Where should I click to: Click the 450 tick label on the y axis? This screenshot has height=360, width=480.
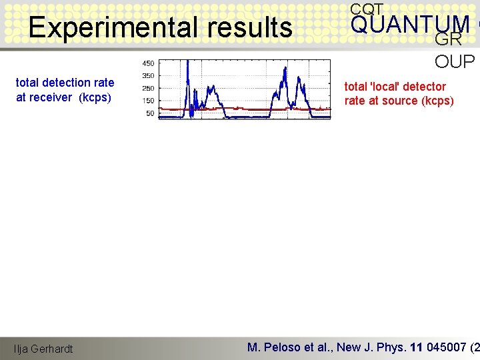[148, 63]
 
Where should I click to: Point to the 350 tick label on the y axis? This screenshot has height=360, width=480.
[148, 76]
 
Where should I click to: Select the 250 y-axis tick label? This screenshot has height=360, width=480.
[148, 89]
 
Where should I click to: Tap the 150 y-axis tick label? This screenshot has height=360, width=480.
[148, 101]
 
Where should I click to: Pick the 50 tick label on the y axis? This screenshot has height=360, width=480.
[150, 113]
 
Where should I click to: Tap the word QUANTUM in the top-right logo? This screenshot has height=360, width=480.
[410, 25]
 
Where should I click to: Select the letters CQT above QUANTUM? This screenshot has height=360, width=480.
[367, 9]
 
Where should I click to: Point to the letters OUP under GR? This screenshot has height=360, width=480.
[455, 62]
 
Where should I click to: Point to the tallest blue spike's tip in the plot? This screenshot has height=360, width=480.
[188, 61]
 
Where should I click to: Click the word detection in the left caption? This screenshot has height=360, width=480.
[67, 83]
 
